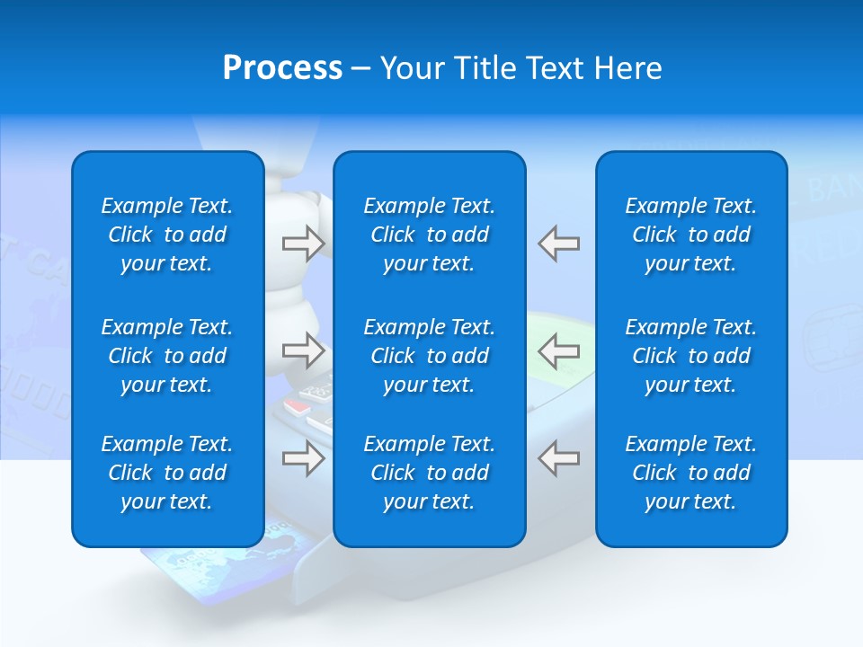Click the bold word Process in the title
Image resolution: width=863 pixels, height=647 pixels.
tap(282, 68)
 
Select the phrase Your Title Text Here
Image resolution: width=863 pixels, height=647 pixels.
tap(520, 68)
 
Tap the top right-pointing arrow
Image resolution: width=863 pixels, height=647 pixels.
tap(303, 244)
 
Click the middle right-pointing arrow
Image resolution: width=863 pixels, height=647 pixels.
tap(303, 350)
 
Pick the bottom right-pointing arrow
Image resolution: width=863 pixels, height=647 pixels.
tap(303, 459)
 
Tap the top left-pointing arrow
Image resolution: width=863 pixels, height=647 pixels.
tap(558, 244)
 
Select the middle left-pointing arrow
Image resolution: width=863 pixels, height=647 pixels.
tap(558, 350)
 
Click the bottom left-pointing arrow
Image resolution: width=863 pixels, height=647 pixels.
tap(558, 459)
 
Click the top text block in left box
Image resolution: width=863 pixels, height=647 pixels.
tap(167, 235)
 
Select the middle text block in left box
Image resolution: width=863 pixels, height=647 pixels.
tap(167, 356)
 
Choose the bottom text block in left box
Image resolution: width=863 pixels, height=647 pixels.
tap(167, 473)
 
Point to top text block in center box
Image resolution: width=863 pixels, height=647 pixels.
tap(430, 235)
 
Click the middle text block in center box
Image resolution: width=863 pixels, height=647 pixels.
tap(430, 356)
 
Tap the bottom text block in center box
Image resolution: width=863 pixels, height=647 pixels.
tap(430, 473)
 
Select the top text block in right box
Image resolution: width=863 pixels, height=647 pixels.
tap(691, 235)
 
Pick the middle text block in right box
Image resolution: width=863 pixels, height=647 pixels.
tap(691, 356)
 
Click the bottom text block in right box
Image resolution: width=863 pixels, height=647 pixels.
tap(691, 473)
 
